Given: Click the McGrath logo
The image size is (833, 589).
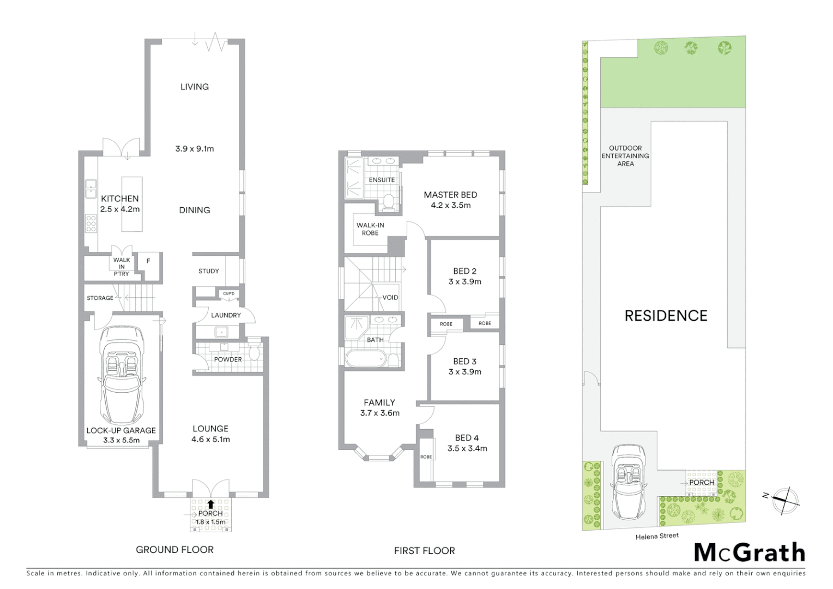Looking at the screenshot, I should (749, 552).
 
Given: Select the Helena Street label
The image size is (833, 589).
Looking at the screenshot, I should (657, 536).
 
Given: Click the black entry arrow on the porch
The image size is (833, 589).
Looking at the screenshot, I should (210, 504).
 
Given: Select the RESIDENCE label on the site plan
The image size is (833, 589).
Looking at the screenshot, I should (666, 316).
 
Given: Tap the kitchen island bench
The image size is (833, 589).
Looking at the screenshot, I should (131, 204).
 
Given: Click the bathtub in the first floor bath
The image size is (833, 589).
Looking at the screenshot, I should (366, 359).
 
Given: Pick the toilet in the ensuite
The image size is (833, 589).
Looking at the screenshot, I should (389, 202).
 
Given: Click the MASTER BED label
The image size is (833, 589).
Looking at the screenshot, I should (450, 195).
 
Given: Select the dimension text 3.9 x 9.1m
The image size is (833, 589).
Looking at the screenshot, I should (195, 148).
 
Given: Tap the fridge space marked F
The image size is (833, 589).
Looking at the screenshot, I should (148, 261).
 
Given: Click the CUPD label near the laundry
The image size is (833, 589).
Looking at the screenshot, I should (228, 294).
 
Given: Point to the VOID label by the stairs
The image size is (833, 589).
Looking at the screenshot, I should (390, 297).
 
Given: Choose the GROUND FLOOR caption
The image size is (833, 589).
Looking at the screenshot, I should (174, 550).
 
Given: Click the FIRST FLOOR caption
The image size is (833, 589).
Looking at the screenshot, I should (424, 551).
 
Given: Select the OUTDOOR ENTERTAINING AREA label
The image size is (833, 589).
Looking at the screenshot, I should (625, 156).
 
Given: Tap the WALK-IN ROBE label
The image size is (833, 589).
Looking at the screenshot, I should (370, 229).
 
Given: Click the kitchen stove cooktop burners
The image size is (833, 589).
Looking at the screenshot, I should (91, 224).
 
